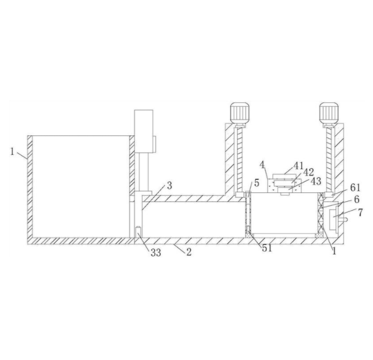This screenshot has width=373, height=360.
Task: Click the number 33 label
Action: click(156, 253)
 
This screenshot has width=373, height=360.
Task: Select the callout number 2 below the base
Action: click(189, 252)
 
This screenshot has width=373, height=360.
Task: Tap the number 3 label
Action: click(169, 186)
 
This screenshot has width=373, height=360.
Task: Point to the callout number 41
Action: click(298, 165)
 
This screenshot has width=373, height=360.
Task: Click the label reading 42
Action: click(309, 172)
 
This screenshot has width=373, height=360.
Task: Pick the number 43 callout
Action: click(316, 181)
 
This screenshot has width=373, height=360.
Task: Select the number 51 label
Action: click(267, 248)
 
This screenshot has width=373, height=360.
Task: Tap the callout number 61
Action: click(355, 188)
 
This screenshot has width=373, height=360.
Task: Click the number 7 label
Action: click(360, 212)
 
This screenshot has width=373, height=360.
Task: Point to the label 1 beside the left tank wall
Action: click(12, 151)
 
